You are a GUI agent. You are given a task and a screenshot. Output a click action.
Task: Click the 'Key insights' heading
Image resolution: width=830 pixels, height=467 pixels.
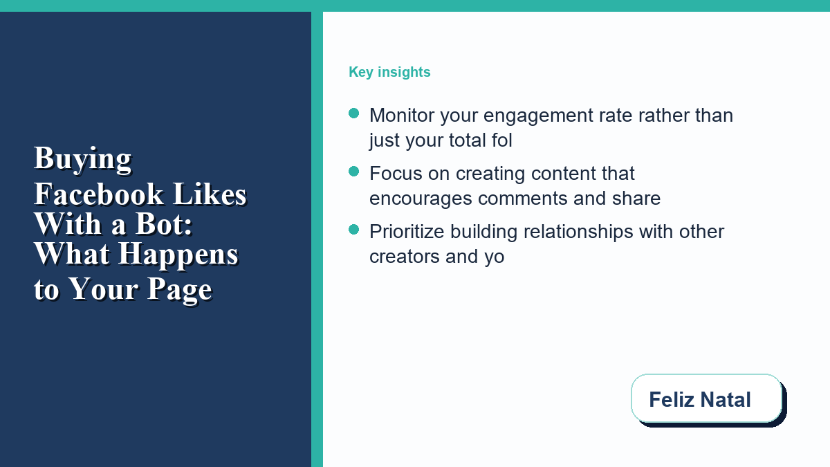pos(389,72)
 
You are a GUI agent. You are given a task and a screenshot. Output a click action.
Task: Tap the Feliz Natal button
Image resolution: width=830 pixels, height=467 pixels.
pos(707,399)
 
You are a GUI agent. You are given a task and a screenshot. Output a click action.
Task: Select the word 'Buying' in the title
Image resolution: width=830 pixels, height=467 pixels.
pos(82,159)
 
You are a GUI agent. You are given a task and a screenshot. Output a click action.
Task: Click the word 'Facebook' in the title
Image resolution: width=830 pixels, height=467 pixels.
pos(98,194)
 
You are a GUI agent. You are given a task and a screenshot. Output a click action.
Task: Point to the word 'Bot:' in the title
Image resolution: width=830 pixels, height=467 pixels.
pos(164,224)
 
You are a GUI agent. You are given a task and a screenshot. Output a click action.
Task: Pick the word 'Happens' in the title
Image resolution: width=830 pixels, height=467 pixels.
pos(178,255)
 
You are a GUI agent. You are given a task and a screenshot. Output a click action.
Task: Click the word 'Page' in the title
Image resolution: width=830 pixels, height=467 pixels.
pos(180,290)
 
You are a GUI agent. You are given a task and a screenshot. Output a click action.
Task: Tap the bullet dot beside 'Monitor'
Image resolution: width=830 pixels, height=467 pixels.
pos(354,113)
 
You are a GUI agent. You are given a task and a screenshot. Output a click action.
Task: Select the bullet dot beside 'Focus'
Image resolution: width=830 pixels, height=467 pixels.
pos(354,172)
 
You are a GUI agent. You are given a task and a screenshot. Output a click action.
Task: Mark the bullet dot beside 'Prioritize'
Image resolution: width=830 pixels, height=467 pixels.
pos(354,230)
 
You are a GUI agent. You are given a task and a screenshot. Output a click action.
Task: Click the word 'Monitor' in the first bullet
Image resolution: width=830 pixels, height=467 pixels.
pos(402,116)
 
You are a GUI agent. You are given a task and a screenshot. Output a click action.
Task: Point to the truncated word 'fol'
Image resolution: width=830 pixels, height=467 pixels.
pos(501,140)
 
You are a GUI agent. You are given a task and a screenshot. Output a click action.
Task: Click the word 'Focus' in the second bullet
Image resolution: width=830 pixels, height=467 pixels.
pos(396,174)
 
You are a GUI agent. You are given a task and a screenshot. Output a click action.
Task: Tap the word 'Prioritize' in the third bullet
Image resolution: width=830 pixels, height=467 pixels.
pos(407,232)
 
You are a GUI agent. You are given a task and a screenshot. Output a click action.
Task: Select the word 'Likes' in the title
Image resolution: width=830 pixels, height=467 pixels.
pos(210,194)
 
